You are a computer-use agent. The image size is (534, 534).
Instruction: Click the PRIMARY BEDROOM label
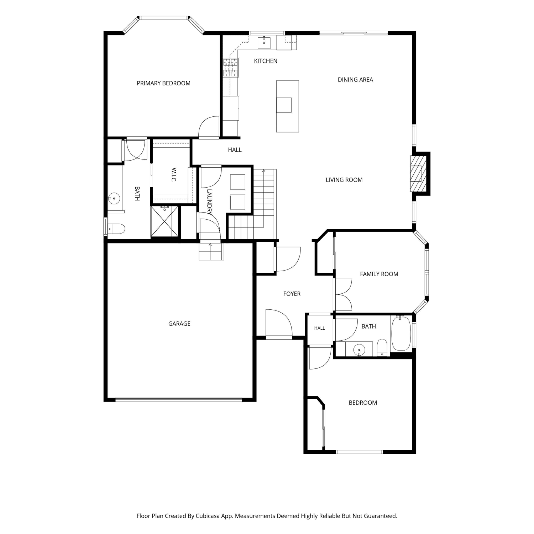click(x=163, y=83)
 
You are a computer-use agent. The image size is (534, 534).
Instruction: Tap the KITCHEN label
click(x=266, y=61)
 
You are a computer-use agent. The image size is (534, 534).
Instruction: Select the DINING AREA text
click(x=355, y=80)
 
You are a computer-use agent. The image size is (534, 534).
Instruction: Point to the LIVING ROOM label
click(x=344, y=180)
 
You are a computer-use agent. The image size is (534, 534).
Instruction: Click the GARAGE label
click(x=179, y=324)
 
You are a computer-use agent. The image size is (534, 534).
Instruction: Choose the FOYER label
click(x=292, y=294)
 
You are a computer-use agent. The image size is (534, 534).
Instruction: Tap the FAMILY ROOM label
click(x=379, y=274)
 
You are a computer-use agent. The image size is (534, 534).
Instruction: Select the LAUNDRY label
click(x=209, y=202)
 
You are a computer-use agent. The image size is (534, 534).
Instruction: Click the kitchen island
click(x=288, y=106)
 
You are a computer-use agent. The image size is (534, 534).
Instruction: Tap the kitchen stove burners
click(x=230, y=68)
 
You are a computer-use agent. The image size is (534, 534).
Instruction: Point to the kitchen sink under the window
click(x=264, y=43)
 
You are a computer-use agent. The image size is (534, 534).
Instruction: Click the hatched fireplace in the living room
click(x=417, y=174)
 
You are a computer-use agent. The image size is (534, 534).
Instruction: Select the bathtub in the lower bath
click(x=401, y=333)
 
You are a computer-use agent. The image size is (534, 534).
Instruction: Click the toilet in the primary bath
click(x=116, y=229)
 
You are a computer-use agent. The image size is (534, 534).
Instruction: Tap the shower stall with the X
click(x=164, y=221)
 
